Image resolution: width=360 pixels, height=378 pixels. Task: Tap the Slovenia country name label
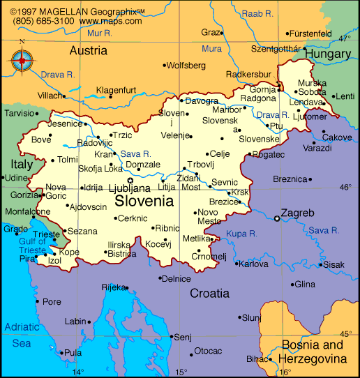point(144,202)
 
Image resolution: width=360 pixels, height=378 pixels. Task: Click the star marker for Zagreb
point(278,219)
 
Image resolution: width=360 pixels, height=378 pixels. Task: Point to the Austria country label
point(88,50)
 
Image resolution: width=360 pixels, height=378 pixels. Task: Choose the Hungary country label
point(327,54)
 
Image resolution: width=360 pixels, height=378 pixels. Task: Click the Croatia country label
point(209,294)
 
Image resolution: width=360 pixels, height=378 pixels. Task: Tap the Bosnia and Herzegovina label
point(312,352)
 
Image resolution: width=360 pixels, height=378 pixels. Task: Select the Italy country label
point(21,165)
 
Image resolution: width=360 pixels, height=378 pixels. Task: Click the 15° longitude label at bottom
point(180,372)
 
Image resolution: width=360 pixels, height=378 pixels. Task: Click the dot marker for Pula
point(61,353)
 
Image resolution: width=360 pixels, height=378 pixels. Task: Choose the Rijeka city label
point(112,287)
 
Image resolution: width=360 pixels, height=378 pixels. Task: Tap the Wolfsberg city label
point(188,66)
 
